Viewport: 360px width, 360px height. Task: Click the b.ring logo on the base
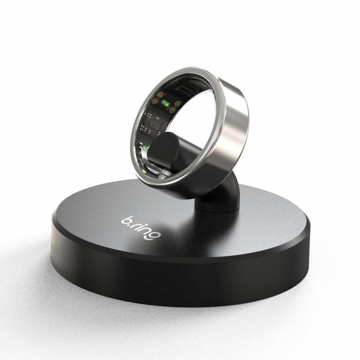pyautogui.click(x=141, y=227)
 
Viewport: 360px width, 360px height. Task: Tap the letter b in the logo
pyautogui.click(x=126, y=220)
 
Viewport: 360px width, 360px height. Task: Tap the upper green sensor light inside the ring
pyautogui.click(x=165, y=103)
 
